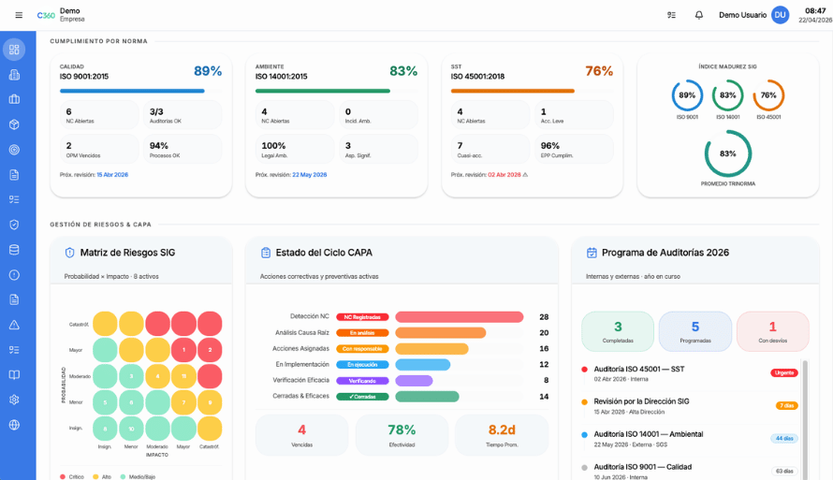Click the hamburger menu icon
point(19,15)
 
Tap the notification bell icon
point(698,15)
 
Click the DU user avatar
point(780,15)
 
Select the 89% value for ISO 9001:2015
point(208,71)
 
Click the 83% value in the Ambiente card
point(403,71)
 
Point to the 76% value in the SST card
point(599,71)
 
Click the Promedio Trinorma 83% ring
point(728,153)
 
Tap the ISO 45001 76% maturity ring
point(768,95)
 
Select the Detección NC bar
point(459,317)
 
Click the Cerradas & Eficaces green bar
point(426,397)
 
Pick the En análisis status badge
point(361,333)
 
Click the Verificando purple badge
point(361,381)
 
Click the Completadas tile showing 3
point(618,331)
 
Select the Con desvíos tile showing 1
point(772,331)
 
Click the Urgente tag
point(783,372)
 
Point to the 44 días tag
point(783,438)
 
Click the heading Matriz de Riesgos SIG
point(127,253)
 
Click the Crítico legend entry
point(72,476)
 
